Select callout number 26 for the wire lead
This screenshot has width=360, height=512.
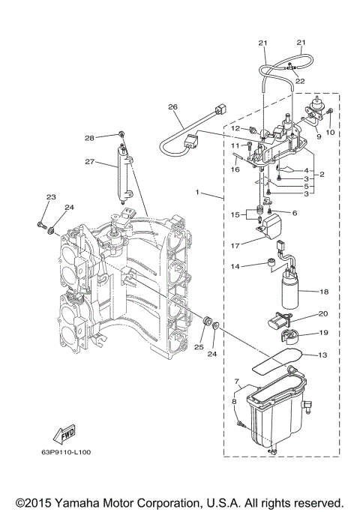tap(172, 106)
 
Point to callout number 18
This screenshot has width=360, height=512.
tap(324, 291)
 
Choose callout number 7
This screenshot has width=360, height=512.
tap(236, 382)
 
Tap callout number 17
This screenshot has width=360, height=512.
tap(236, 244)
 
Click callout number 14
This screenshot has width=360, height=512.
tap(235, 265)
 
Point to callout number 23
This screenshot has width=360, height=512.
tap(51, 197)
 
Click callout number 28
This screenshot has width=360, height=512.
tap(110, 138)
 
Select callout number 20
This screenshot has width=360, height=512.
tap(324, 313)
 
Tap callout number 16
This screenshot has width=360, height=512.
tap(235, 170)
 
